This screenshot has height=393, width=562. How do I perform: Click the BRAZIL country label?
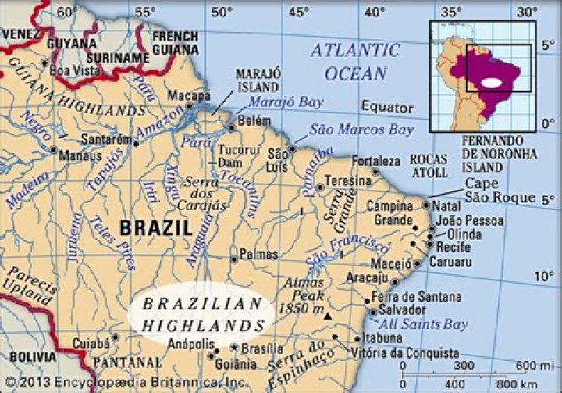[x=155, y=228]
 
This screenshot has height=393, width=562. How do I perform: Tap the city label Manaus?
[x=81, y=155]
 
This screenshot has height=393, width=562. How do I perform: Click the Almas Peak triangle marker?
[x=327, y=316]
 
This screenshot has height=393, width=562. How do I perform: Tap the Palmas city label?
[x=258, y=255]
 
